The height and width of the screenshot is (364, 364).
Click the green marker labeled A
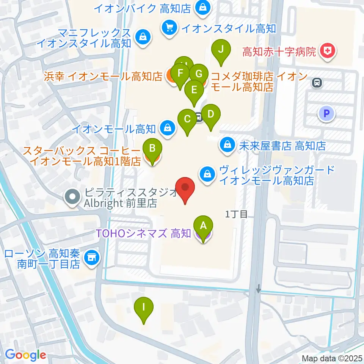[203, 226]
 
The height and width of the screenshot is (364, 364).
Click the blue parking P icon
[327, 113]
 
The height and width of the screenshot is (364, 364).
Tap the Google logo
[25, 355]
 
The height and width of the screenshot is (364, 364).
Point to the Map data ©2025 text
[332, 358]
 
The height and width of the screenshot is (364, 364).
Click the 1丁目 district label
[236, 215]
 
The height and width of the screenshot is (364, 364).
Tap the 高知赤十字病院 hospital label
[279, 52]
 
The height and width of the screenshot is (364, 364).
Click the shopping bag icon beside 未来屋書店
[227, 145]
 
